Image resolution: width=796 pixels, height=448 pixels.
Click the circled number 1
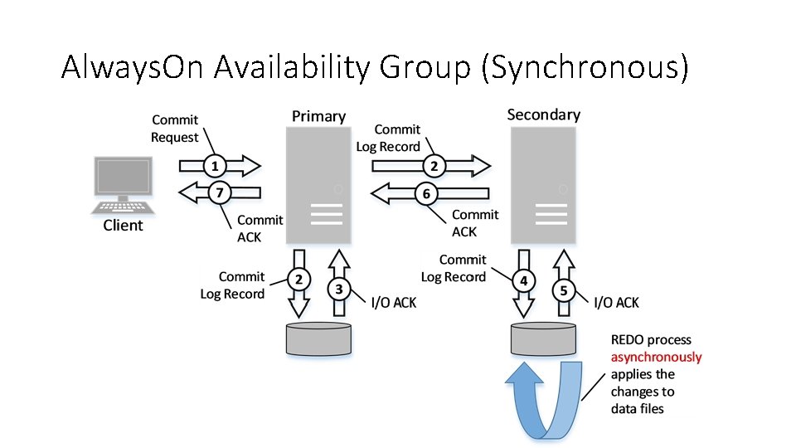[x=215, y=166]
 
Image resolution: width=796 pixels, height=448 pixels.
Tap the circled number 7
[x=220, y=192]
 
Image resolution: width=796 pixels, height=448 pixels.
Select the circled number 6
[x=426, y=193]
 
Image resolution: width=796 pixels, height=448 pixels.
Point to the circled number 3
[x=338, y=289]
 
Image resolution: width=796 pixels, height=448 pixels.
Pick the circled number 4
[x=523, y=281]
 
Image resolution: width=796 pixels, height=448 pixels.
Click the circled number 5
[x=564, y=290]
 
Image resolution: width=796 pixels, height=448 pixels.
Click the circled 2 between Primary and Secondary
[x=434, y=166]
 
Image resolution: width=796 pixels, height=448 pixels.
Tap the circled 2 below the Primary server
[x=299, y=279]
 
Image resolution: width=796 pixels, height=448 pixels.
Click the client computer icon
[x=123, y=185]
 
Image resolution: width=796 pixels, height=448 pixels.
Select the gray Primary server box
[x=318, y=185]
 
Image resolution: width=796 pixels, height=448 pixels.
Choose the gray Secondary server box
[x=543, y=185]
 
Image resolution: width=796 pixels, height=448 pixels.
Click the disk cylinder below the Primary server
[x=318, y=338]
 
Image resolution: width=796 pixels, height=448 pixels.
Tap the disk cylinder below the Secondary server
[x=543, y=338]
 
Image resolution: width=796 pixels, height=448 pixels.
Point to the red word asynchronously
[x=656, y=357]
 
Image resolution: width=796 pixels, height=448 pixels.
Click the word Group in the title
[x=425, y=67]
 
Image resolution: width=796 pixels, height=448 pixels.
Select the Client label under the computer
[x=123, y=225]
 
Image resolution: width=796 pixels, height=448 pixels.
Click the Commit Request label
[x=175, y=129]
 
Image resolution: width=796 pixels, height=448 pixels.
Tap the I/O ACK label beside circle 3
[x=393, y=303]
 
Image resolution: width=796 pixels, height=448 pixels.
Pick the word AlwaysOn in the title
[x=133, y=67]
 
